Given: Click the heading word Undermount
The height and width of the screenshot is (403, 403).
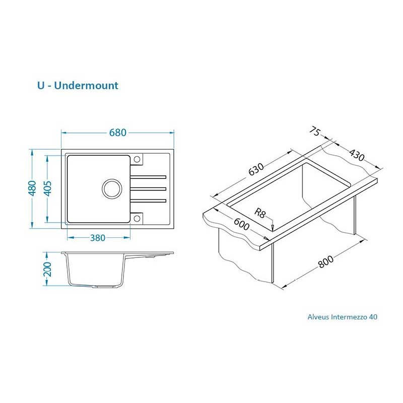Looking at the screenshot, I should point(86,85).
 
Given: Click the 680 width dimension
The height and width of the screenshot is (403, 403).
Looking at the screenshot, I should point(117,132).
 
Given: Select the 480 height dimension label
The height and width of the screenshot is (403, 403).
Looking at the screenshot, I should point(32,188).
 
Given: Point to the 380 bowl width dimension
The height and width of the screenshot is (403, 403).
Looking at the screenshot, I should point(98,238).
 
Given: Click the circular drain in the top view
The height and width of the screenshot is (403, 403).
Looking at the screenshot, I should point(112,188).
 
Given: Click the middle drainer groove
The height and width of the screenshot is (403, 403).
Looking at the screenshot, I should point(149,189).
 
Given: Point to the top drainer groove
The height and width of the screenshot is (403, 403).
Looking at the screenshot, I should point(149,176).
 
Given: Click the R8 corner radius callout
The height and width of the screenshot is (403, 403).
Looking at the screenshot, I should point(260,213).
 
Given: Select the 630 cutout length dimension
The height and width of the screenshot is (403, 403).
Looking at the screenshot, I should point(256,170).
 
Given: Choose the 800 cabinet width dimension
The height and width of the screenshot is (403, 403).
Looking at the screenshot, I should point(326,261).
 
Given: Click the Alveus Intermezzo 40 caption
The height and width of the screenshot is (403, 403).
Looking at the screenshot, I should point(342,317).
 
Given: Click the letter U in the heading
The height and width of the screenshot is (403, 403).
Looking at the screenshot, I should point(40,85).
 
